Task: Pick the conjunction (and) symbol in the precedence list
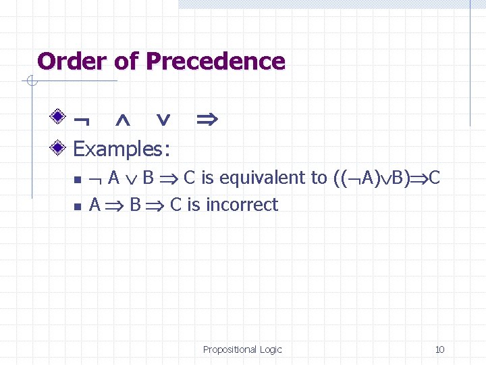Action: coord(123,120)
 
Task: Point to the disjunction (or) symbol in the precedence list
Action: coord(163,120)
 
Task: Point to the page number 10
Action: coord(439,349)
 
